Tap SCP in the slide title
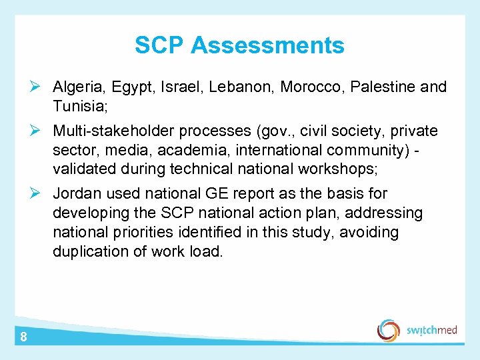click(160, 45)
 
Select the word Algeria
click(79, 87)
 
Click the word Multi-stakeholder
click(107, 131)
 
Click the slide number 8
click(23, 337)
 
